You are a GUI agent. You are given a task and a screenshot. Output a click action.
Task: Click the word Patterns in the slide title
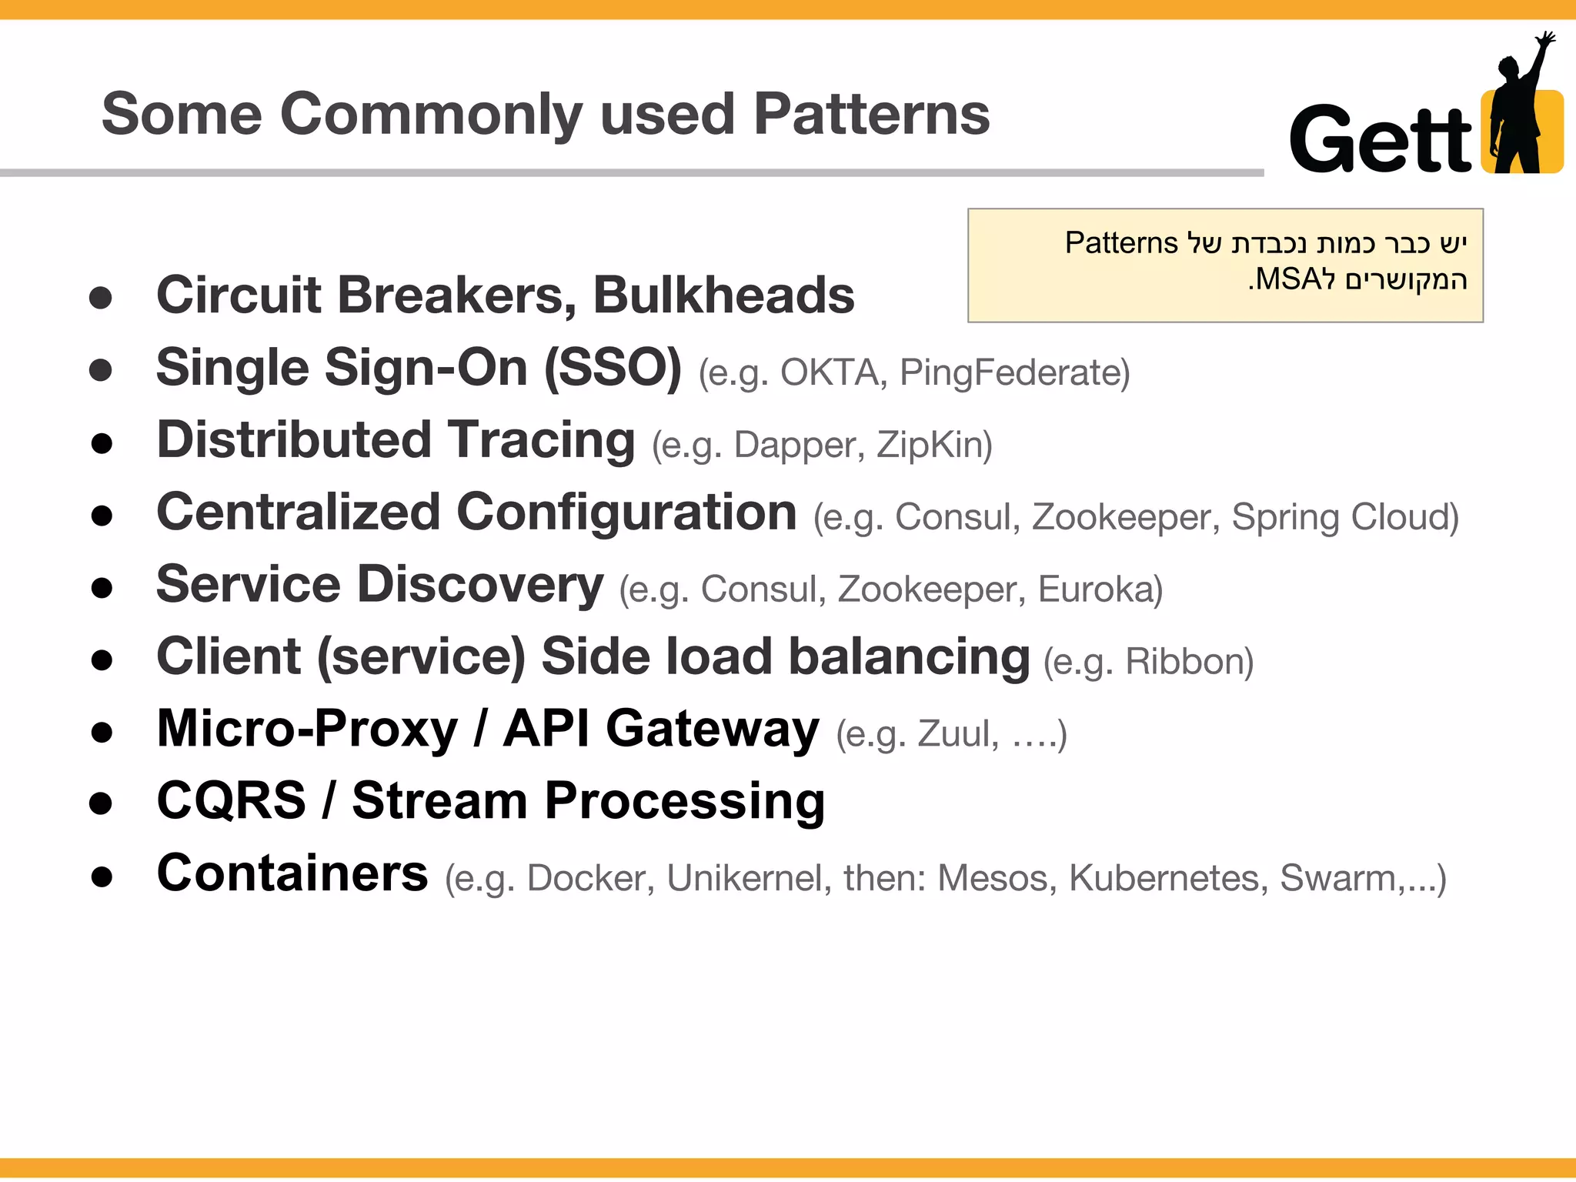pos(871,114)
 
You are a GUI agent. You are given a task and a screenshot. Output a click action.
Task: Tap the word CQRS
pos(232,800)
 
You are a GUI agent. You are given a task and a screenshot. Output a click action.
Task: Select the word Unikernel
pos(743,878)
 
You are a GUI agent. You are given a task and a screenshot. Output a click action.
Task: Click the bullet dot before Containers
pos(102,876)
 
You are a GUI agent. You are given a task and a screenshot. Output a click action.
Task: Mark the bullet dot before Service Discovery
pos(102,588)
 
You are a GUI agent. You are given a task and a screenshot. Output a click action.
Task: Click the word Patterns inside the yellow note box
pos(1120,243)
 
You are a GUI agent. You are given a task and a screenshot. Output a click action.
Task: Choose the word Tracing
pos(542,440)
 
